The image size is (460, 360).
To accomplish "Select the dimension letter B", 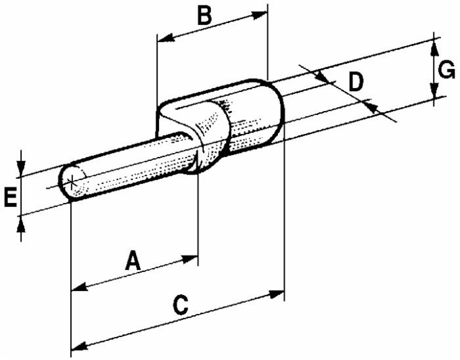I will pos(206,15).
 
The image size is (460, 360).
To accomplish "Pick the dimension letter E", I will pos(10,197).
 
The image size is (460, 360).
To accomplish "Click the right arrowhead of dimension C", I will pos(277,294).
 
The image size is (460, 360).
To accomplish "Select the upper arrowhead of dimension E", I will pos(22,169).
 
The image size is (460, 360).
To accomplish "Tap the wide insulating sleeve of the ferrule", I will pos(253,118).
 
